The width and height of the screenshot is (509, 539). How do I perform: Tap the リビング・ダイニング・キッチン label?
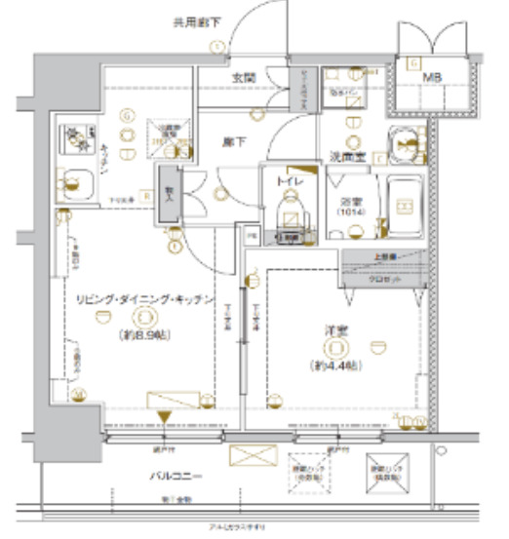(x=144, y=300)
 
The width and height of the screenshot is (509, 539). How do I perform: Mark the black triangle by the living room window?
(x=164, y=418)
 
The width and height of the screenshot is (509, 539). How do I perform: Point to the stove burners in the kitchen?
(x=74, y=138)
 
